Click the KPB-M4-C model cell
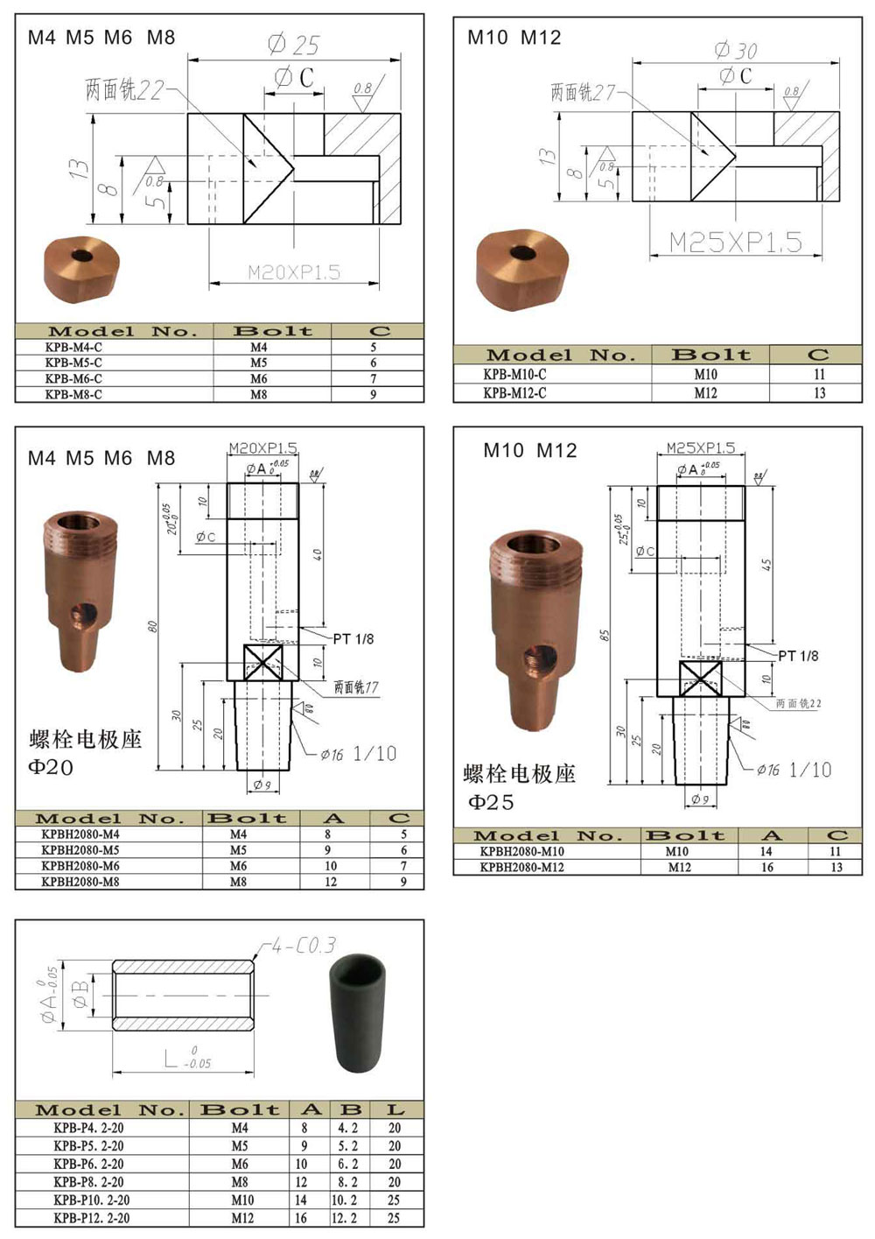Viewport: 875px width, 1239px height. click(73, 348)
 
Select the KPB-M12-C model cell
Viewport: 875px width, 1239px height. click(514, 393)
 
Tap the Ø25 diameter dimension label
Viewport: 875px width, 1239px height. click(294, 45)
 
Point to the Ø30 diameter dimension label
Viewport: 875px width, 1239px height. click(736, 51)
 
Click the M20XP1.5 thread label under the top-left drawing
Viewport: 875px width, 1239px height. click(294, 272)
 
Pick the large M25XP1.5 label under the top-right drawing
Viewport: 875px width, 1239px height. click(735, 243)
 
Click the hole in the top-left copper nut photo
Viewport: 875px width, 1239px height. click(82, 256)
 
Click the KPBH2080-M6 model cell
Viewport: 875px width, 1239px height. click(80, 866)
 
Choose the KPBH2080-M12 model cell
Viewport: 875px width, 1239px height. click(521, 868)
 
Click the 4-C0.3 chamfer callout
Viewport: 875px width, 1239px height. click(303, 946)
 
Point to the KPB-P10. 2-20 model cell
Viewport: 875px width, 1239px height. click(91, 1200)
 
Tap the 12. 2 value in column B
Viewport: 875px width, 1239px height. click(345, 1218)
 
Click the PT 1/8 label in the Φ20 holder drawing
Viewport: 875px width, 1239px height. click(353, 639)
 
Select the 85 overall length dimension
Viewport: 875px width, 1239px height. click(604, 635)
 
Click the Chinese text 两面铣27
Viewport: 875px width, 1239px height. click(583, 92)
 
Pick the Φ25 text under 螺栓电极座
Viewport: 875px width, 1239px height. click(491, 802)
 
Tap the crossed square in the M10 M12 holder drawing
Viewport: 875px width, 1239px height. click(700, 679)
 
